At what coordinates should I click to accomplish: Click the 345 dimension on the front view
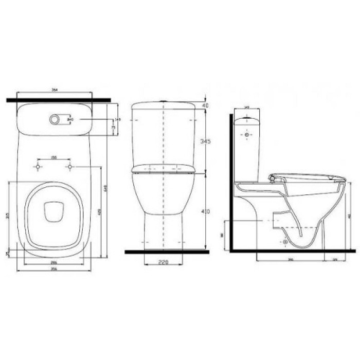[206, 140]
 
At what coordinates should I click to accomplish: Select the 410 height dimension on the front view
[206, 211]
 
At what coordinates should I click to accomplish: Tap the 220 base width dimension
[163, 262]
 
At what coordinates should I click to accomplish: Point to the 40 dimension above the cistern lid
[206, 105]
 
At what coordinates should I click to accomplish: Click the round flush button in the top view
[55, 119]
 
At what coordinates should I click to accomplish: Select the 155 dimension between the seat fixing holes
[53, 158]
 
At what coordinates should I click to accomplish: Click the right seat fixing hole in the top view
[69, 167]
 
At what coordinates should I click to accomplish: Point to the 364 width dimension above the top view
[54, 90]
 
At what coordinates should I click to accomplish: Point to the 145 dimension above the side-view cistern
[246, 107]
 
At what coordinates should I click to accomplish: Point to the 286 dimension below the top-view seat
[53, 262]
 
